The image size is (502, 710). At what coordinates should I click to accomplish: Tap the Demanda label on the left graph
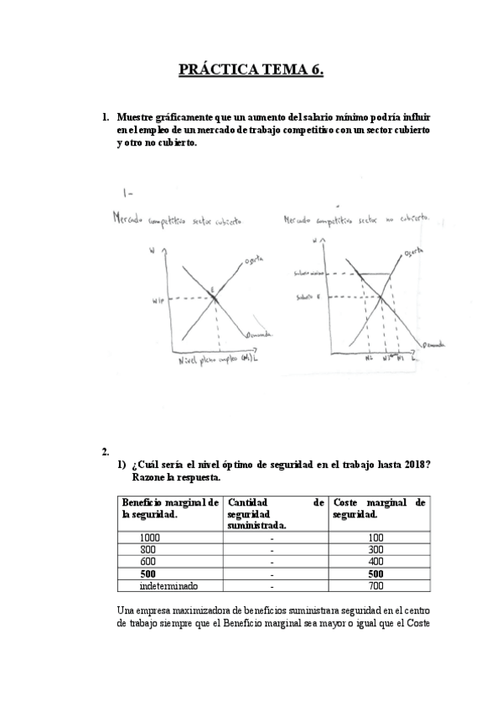click(x=257, y=337)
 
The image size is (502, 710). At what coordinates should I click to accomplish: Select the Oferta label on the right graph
click(x=412, y=252)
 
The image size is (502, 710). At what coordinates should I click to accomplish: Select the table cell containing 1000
click(x=150, y=538)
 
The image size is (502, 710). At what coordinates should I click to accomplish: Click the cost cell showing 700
click(x=375, y=586)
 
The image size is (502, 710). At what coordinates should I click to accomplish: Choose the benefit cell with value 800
click(x=148, y=549)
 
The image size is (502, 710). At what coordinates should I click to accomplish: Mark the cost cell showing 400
click(x=375, y=562)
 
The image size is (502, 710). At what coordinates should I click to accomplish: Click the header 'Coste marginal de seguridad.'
click(x=379, y=508)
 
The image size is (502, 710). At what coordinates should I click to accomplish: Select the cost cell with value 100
click(x=375, y=538)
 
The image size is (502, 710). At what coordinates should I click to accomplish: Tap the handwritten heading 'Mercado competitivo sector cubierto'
click(x=179, y=221)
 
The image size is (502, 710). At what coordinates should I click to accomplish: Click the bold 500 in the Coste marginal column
click(x=375, y=574)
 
